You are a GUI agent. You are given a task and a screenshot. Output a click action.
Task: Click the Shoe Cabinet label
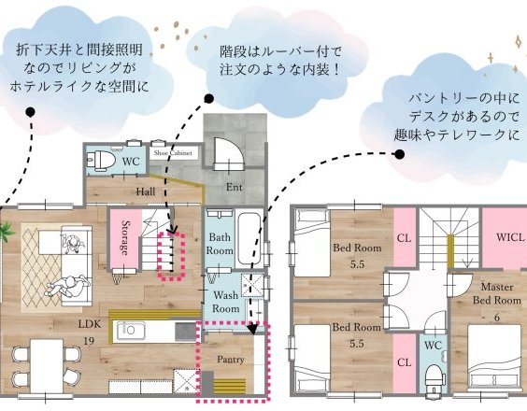coord(173,153)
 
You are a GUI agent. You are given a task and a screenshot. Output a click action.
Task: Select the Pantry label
coord(230,360)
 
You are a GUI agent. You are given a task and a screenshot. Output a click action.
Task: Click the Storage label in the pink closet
coord(125,237)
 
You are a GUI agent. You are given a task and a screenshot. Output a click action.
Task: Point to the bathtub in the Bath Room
coord(249,238)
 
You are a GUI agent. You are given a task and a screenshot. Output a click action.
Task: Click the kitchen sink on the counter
coord(129,330)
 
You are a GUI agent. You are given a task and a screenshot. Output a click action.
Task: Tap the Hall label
coord(146,191)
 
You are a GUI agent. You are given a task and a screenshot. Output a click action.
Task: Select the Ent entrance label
coord(234,187)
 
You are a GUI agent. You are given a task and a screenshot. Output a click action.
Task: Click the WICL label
coord(510,237)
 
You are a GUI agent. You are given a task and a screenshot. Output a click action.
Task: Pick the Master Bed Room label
coord(497,293)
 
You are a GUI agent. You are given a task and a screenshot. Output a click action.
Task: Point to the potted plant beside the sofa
coord(6,231)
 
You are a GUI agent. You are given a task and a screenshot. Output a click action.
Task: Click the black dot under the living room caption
coord(30,112)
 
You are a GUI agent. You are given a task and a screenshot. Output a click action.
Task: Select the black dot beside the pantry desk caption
coord(399,154)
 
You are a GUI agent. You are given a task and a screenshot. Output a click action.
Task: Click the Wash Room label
coord(226,302)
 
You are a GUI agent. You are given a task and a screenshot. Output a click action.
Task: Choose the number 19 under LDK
coord(89,341)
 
